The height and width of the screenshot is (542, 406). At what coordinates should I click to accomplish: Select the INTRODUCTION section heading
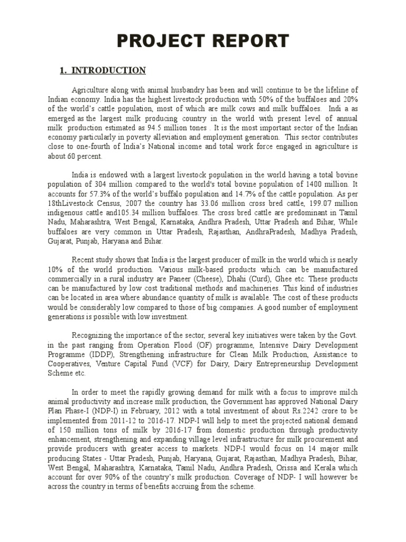coord(108,70)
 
